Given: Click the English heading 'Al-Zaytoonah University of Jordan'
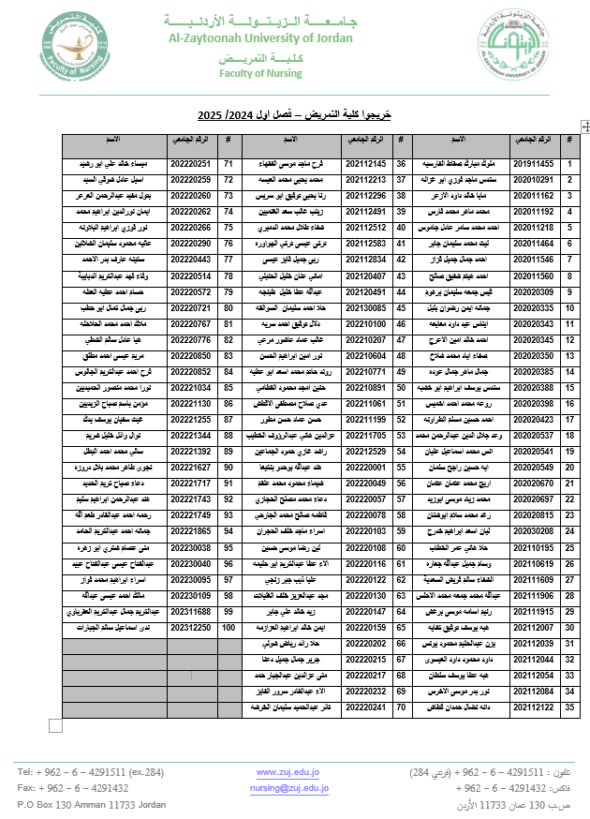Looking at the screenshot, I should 260,38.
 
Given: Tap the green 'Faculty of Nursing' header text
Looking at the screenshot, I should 260,72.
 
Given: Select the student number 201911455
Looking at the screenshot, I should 535,164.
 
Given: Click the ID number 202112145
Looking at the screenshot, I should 365,164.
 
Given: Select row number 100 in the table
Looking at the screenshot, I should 229,627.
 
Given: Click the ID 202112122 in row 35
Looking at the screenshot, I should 535,707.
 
